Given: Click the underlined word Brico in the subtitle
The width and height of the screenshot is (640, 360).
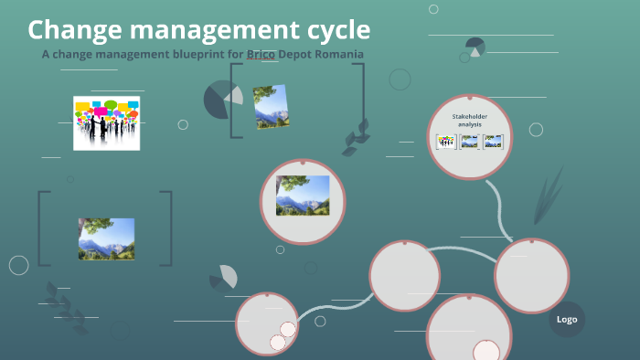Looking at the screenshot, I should pyautogui.click(x=261, y=54).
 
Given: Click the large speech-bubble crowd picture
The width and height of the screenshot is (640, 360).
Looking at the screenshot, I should pyautogui.click(x=107, y=122).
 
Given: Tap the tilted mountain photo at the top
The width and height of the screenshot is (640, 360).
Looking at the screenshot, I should pyautogui.click(x=271, y=107).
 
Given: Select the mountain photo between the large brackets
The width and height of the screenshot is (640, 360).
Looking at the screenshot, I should pyautogui.click(x=106, y=238).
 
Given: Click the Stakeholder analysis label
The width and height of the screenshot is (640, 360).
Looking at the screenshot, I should pyautogui.click(x=469, y=120).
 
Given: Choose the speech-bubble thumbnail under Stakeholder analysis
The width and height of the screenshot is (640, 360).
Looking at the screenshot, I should pyautogui.click(x=446, y=142).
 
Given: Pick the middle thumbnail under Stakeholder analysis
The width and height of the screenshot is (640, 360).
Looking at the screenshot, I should pyautogui.click(x=469, y=142).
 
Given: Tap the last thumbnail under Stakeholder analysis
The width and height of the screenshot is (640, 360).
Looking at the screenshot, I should pyautogui.click(x=493, y=142).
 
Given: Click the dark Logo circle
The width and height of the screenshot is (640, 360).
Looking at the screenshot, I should pyautogui.click(x=567, y=319).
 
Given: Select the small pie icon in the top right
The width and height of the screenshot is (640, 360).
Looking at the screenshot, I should pyautogui.click(x=475, y=47).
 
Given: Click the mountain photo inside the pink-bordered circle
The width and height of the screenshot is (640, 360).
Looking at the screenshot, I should pyautogui.click(x=303, y=196).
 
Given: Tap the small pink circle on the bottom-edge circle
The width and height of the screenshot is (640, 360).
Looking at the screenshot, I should pyautogui.click(x=485, y=352).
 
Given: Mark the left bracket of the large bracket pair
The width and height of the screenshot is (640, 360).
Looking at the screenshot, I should pyautogui.click(x=43, y=228).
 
